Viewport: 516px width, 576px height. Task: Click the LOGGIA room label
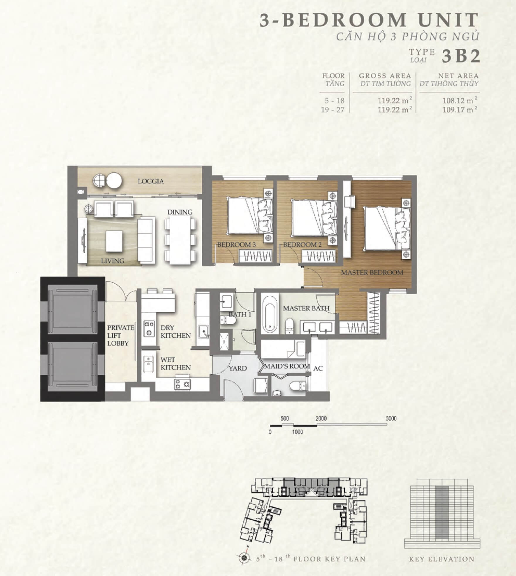point(151,181)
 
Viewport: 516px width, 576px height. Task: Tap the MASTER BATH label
point(306,308)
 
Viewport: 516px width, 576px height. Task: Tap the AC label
point(318,368)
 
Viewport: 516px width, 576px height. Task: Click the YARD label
point(238,368)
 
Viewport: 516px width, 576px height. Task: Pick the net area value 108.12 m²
point(460,100)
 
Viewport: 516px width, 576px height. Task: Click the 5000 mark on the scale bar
point(391,418)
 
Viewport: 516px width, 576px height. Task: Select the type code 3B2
point(461,56)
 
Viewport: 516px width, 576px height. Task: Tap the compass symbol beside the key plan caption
point(244,558)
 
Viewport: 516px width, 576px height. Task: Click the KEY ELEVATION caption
point(442,559)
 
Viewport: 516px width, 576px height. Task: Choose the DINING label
point(180,212)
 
